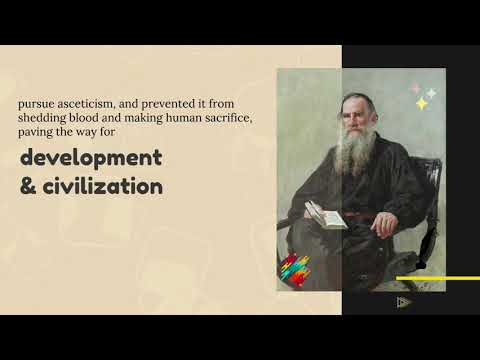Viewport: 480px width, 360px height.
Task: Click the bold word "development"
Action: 89,159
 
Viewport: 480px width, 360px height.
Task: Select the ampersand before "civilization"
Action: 27,186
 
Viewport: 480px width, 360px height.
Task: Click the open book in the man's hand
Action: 325,213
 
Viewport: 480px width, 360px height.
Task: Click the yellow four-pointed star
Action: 422,103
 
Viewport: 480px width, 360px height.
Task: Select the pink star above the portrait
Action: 416,88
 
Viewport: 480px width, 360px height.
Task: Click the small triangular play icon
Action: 403,302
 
